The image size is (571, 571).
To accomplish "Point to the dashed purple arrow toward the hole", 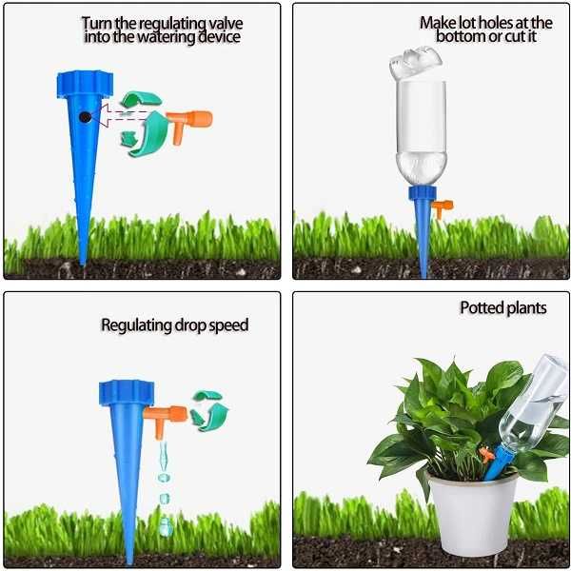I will click(x=119, y=116).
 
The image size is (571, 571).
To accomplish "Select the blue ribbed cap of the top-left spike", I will click(x=85, y=83).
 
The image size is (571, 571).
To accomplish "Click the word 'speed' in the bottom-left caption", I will click(x=227, y=325).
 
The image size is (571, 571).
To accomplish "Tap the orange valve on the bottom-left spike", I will click(x=169, y=414).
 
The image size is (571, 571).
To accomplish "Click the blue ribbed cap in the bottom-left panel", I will click(x=126, y=391).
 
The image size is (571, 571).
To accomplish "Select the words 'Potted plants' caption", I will click(x=502, y=308).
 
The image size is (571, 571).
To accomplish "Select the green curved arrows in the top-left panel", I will click(x=142, y=119).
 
